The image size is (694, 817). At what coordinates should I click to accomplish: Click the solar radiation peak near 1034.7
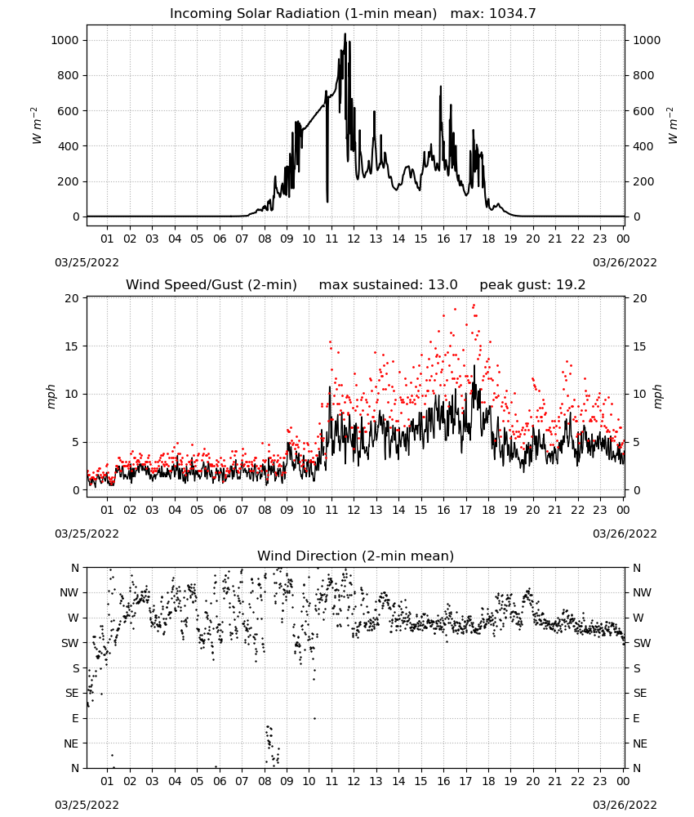[345, 34]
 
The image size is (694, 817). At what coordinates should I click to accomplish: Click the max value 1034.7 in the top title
[512, 14]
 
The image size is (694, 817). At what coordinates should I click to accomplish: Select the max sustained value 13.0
[443, 285]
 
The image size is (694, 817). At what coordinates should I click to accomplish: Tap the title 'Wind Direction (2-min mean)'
[356, 556]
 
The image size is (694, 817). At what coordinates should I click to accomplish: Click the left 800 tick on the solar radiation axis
[69, 75]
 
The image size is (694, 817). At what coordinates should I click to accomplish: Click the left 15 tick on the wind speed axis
[73, 346]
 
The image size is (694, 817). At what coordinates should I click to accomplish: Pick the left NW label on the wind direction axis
[69, 593]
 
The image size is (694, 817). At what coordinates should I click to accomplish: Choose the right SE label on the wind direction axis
[640, 693]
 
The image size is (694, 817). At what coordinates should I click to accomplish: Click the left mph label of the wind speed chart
[51, 396]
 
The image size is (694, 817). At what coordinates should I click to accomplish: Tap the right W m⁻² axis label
[672, 125]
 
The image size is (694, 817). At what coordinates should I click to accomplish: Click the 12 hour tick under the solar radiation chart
[354, 239]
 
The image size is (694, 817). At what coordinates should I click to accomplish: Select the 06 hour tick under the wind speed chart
[220, 510]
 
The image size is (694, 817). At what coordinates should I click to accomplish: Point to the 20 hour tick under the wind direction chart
[532, 781]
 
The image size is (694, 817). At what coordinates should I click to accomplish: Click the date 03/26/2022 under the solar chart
[625, 262]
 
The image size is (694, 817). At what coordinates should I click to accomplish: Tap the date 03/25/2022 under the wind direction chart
[87, 805]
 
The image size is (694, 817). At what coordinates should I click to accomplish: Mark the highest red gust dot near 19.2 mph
[474, 306]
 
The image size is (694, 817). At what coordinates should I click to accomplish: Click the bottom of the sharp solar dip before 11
[327, 201]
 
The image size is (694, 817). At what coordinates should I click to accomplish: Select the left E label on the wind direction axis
[75, 718]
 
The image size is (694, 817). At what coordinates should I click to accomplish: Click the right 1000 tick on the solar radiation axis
[647, 40]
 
